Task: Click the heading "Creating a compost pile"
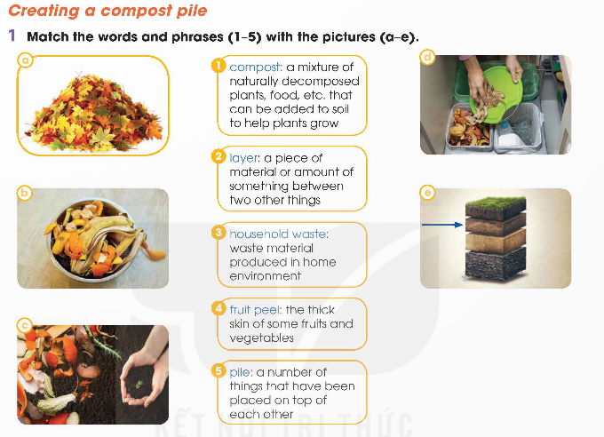click(107, 11)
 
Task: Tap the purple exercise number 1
click(12, 36)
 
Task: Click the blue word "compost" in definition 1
click(256, 68)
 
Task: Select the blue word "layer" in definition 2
click(244, 158)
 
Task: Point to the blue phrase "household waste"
click(279, 234)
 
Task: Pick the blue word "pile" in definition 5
click(241, 373)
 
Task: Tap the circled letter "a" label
click(26, 60)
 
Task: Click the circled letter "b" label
click(24, 193)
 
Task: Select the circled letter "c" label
click(25, 326)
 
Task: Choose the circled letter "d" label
click(427, 58)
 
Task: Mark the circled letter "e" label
click(427, 192)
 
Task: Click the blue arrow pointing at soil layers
click(442, 225)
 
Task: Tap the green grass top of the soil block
click(496, 203)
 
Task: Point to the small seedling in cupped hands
click(139, 385)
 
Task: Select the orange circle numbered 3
click(219, 233)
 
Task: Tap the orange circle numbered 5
click(219, 371)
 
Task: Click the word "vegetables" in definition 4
click(261, 338)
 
